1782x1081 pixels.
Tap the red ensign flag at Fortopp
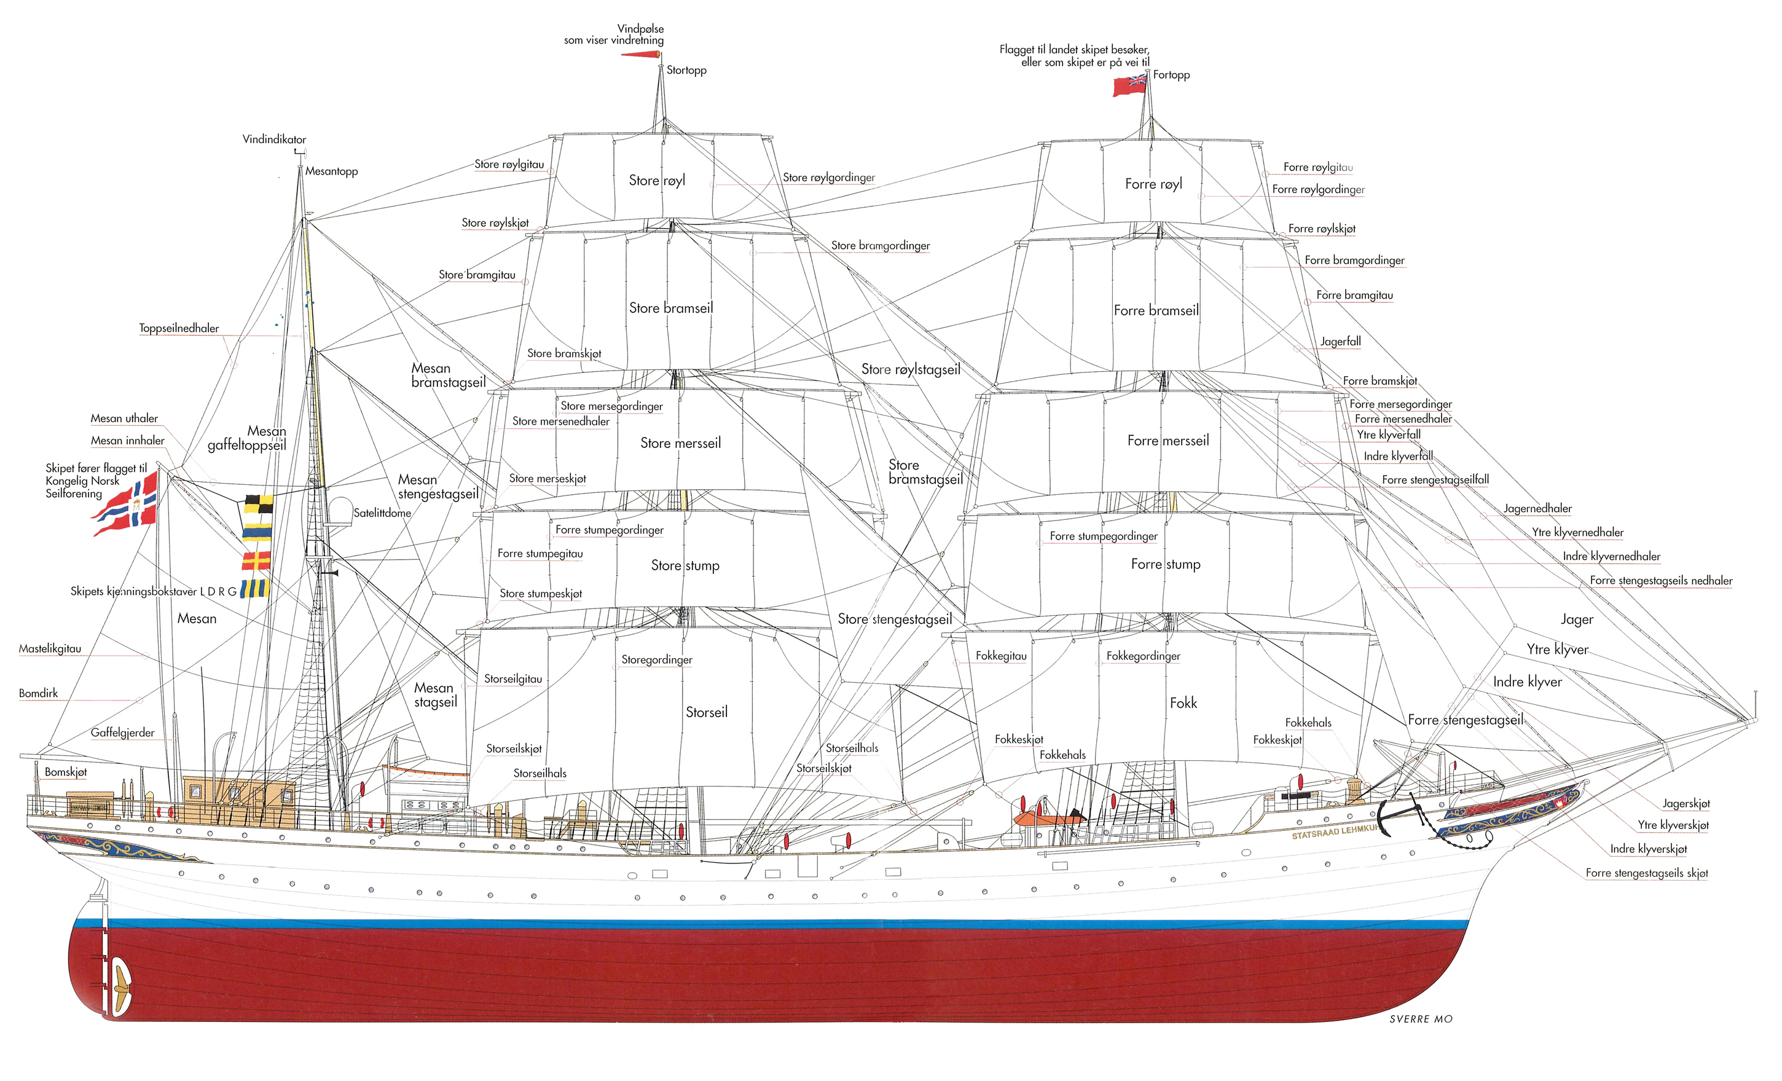1129,85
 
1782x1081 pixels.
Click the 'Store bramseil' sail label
670,308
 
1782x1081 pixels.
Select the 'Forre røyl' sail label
1153,184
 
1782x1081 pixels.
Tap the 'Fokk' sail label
1183,703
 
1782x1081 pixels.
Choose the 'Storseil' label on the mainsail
707,712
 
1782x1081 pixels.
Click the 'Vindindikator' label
274,140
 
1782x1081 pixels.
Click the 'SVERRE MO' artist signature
1421,1019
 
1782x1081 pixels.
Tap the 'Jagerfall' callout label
1340,341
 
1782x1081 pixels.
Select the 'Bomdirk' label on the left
38,693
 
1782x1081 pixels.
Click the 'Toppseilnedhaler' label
179,328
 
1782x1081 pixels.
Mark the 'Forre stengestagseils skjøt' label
1647,873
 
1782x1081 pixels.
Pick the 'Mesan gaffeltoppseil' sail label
246,438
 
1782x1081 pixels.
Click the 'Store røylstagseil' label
911,369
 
